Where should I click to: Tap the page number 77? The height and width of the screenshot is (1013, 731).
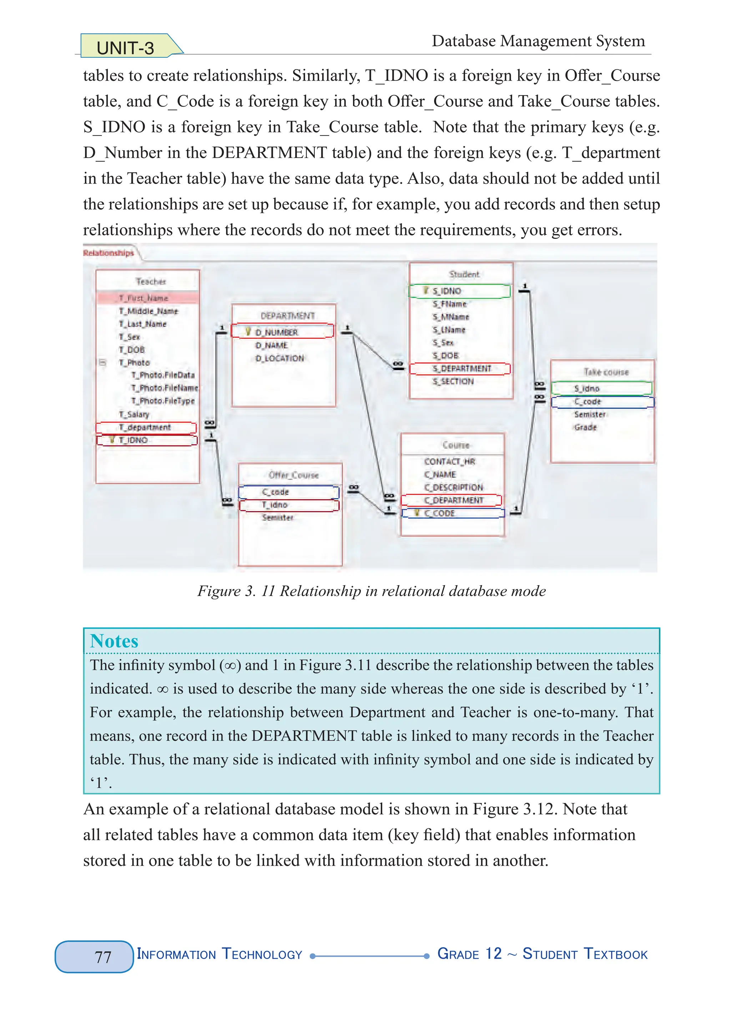103,957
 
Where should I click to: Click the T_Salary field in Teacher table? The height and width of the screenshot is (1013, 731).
134,414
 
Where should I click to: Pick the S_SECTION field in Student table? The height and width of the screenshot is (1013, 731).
453,382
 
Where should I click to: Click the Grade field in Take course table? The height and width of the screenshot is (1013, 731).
585,428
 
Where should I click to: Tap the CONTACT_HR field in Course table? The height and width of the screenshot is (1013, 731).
449,461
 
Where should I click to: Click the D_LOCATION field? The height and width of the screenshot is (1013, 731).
279,358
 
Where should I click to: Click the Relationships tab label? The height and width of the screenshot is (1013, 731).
108,253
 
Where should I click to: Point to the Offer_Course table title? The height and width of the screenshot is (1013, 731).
293,475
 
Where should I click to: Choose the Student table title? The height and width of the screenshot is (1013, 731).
464,274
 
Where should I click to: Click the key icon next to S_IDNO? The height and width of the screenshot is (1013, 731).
426,290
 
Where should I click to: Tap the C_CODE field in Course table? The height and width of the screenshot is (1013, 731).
439,513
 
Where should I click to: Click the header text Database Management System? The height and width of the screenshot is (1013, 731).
538,41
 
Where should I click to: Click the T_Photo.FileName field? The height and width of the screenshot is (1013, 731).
165,388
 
